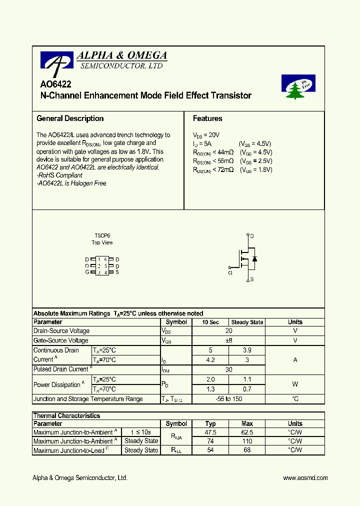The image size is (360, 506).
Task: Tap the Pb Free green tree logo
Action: coord(298,87)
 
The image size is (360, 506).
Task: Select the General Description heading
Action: coord(70,118)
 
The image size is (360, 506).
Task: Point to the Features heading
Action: coord(207,118)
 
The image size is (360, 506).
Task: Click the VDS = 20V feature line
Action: coord(206,135)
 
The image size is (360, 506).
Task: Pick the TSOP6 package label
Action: coord(102,235)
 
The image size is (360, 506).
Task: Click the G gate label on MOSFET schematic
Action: coord(230,273)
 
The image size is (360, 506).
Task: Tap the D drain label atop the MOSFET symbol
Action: coord(251,235)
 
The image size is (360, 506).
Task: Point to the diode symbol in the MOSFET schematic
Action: coord(254,258)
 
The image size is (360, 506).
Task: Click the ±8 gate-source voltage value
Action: coord(228,340)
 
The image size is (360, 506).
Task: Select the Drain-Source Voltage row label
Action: coord(61,331)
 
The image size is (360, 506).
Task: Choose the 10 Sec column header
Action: coord(210,322)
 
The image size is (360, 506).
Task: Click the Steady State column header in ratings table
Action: coord(247,322)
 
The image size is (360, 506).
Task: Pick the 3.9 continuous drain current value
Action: coord(247,350)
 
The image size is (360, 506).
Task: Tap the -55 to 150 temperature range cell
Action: coord(228,399)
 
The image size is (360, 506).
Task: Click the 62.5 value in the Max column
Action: coord(247,432)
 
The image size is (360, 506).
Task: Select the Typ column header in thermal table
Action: coord(210,423)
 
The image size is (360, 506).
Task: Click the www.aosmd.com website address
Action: coord(305,478)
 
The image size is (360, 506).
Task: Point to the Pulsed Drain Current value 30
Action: coord(228,369)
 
